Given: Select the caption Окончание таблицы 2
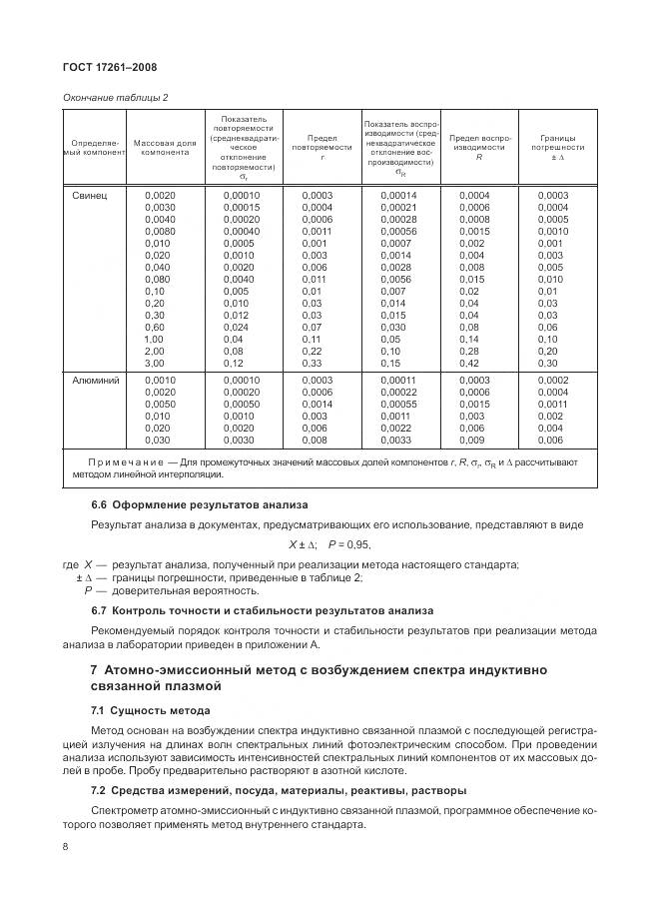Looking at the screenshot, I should click(x=115, y=96).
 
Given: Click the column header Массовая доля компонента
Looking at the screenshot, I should click(x=165, y=149).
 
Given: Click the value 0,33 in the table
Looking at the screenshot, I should click(x=313, y=363).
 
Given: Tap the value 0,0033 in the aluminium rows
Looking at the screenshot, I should click(x=395, y=441).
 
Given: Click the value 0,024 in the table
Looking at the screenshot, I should click(x=236, y=327).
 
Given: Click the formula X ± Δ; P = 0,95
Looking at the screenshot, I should click(x=329, y=544).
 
